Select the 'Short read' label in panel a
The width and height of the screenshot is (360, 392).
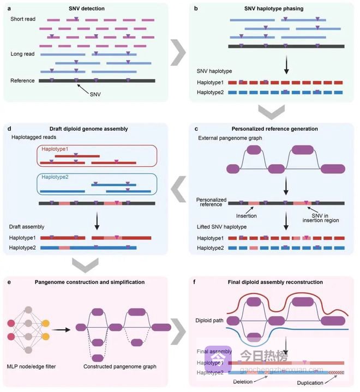[22, 19]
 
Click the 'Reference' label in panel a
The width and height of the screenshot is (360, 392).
[22, 81]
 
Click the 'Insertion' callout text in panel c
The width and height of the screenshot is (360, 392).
[245, 216]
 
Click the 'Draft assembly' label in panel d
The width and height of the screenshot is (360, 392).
[27, 226]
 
